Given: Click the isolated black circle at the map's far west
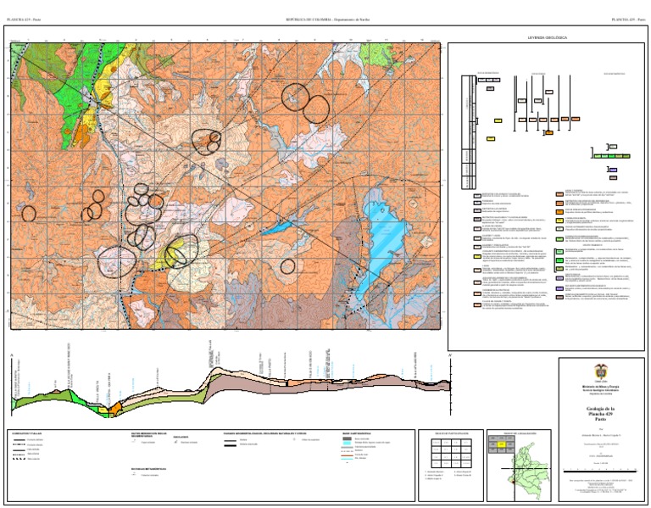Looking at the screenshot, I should (29, 214).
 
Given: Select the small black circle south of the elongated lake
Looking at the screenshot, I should (287, 265).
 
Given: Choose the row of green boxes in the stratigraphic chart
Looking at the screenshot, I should (613, 156).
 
